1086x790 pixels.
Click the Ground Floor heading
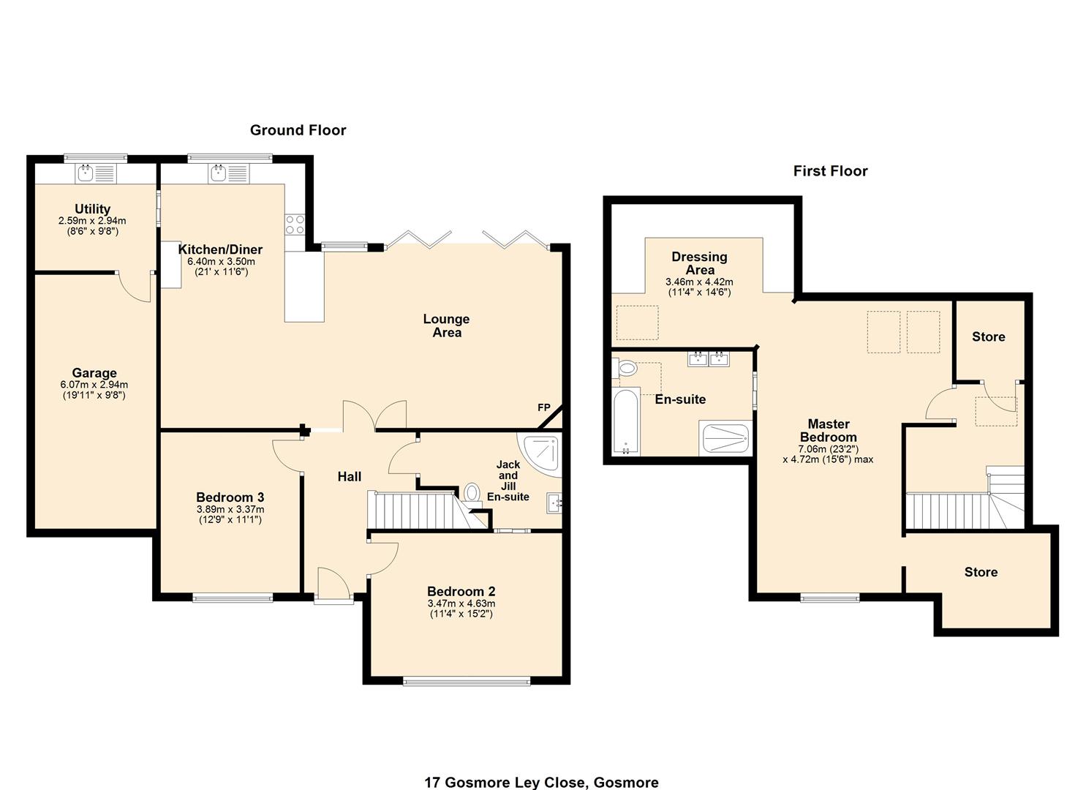click(x=298, y=130)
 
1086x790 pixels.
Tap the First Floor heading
click(x=830, y=171)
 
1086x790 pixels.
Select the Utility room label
click(x=92, y=209)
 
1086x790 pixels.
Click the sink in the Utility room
click(x=86, y=173)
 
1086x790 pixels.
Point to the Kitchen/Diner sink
click(x=219, y=173)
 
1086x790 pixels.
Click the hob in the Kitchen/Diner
click(x=295, y=225)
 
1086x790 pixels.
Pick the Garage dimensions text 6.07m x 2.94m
click(x=94, y=385)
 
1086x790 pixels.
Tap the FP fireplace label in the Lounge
click(x=543, y=407)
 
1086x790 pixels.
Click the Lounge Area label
click(x=446, y=326)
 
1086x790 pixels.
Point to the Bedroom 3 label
click(x=230, y=497)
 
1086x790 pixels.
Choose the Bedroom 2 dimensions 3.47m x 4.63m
click(x=461, y=603)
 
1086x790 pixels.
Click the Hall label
click(x=349, y=477)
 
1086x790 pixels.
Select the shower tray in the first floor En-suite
click(x=725, y=438)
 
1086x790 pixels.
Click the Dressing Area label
click(x=699, y=263)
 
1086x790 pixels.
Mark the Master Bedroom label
click(x=828, y=430)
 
